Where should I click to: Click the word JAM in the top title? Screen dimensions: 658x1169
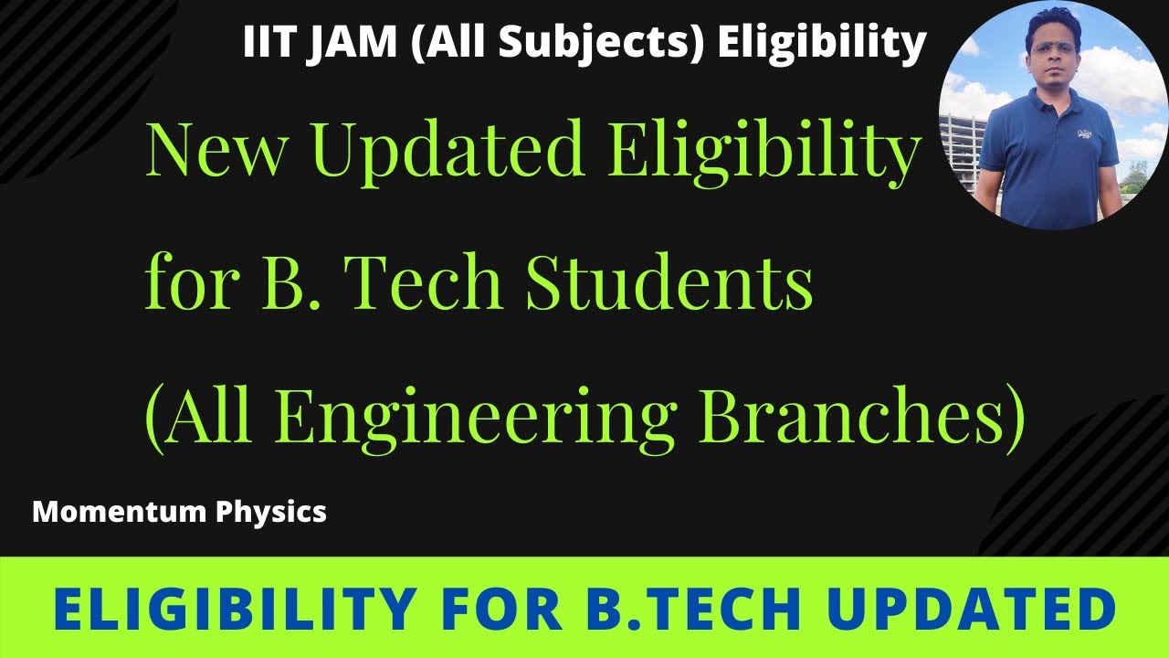pyautogui.click(x=350, y=43)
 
